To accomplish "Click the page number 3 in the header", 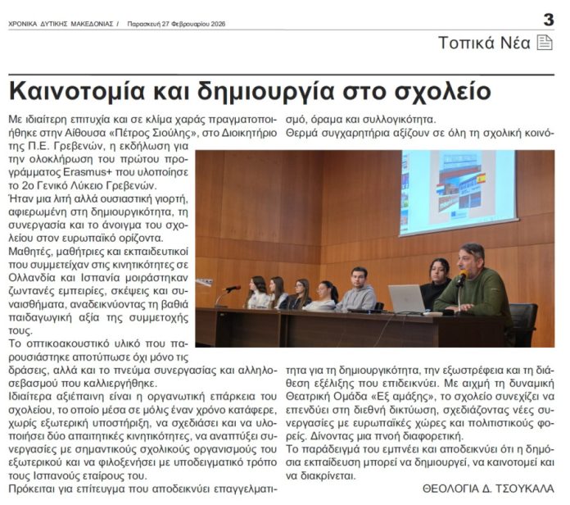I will point(548,20).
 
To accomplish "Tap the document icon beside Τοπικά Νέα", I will point(545,43).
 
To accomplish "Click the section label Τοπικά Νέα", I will point(484,43).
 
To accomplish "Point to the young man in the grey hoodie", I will point(358,291).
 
